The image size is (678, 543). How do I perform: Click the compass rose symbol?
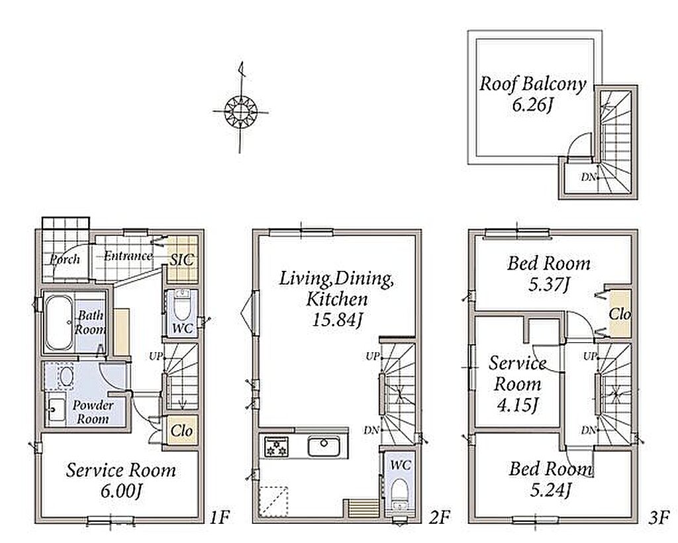tap(241, 111)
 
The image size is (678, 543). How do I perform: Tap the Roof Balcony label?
tap(532, 83)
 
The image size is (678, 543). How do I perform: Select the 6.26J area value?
tap(532, 105)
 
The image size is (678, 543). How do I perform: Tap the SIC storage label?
tap(181, 260)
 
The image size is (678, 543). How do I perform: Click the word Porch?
tap(65, 259)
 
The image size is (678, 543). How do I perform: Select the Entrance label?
tap(128, 256)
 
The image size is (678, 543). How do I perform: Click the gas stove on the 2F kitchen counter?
tap(277, 446)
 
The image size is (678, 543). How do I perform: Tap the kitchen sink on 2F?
tap(324, 446)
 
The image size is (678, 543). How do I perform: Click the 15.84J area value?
tap(336, 319)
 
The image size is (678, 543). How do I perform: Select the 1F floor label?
tap(219, 517)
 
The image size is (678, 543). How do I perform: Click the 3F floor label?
tap(659, 517)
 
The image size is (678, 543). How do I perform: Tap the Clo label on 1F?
tap(181, 430)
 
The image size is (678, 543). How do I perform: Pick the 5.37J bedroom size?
tap(549, 285)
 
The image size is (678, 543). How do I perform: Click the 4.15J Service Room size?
tap(517, 405)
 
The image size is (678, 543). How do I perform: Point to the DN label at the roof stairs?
tap(588, 177)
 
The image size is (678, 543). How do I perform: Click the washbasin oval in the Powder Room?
tap(66, 376)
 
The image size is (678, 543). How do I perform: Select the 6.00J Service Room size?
tap(121, 491)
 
